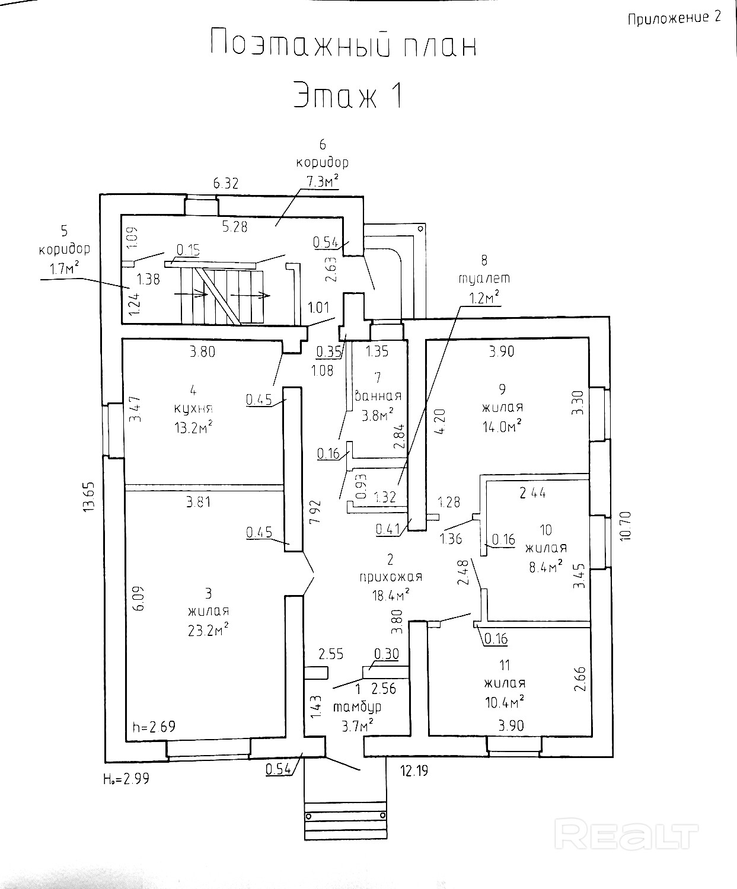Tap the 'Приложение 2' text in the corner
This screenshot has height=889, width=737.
[674, 18]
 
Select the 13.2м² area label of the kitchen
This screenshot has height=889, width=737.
[193, 427]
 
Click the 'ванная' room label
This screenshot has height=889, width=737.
[378, 396]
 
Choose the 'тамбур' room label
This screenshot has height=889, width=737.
[358, 707]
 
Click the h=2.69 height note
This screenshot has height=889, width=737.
[154, 726]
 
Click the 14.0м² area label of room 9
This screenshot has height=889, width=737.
[502, 426]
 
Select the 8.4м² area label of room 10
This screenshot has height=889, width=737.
[545, 566]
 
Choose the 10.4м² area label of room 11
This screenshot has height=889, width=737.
[505, 702]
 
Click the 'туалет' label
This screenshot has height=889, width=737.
[484, 278]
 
